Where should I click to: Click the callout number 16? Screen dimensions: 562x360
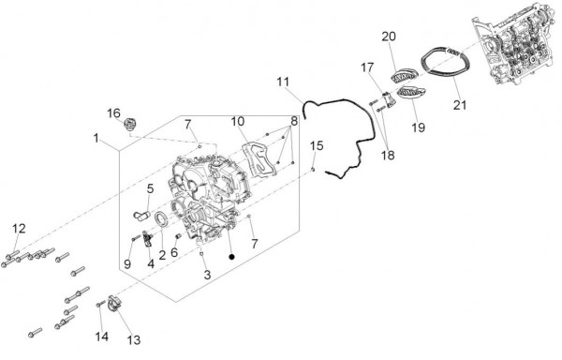[113, 113]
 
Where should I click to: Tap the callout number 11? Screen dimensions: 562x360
[283, 82]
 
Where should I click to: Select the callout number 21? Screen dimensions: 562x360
[460, 105]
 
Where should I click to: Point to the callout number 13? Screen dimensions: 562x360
[134, 340]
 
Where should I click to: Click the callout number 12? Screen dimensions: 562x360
[20, 228]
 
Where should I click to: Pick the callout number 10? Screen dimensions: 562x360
[238, 121]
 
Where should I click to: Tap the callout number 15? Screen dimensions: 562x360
[317, 145]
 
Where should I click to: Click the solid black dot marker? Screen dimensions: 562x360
[232, 256]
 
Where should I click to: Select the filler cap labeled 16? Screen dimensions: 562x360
[130, 125]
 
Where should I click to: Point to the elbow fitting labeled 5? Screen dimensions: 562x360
[140, 215]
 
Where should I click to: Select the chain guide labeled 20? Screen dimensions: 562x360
[404, 77]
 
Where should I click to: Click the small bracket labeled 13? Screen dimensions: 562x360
[113, 304]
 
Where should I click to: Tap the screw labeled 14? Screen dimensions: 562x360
[99, 305]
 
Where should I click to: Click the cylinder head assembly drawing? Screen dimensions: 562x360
[516, 45]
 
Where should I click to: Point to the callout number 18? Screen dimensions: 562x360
[388, 155]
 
